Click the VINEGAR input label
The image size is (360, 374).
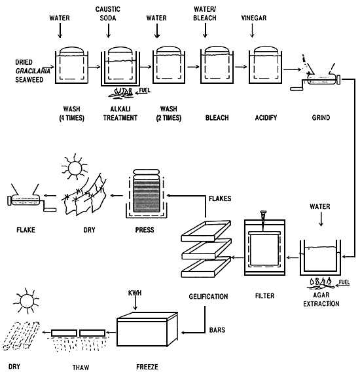coord(254,18)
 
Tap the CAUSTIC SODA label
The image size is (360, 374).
coord(108,14)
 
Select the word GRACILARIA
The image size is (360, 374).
coord(33,71)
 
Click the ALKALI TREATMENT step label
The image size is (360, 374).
coord(120,113)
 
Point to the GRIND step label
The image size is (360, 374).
coord(321,118)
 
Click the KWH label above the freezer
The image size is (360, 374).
coord(135,293)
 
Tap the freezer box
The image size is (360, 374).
coord(147,329)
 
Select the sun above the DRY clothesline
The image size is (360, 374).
coord(75,168)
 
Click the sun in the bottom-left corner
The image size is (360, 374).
coord(26,301)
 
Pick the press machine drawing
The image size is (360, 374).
coord(146,193)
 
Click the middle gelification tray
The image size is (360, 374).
coord(206,249)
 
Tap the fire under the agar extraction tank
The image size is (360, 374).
coord(321,283)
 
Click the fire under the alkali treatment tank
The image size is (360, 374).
coord(121,92)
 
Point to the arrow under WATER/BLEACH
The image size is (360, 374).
coord(205,31)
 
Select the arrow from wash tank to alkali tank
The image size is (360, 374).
coord(94,67)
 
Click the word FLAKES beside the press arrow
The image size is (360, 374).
coord(220,198)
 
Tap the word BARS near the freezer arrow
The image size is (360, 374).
coord(217,330)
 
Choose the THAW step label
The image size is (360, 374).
coord(81,367)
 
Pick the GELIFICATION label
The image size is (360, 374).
coord(208,297)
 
